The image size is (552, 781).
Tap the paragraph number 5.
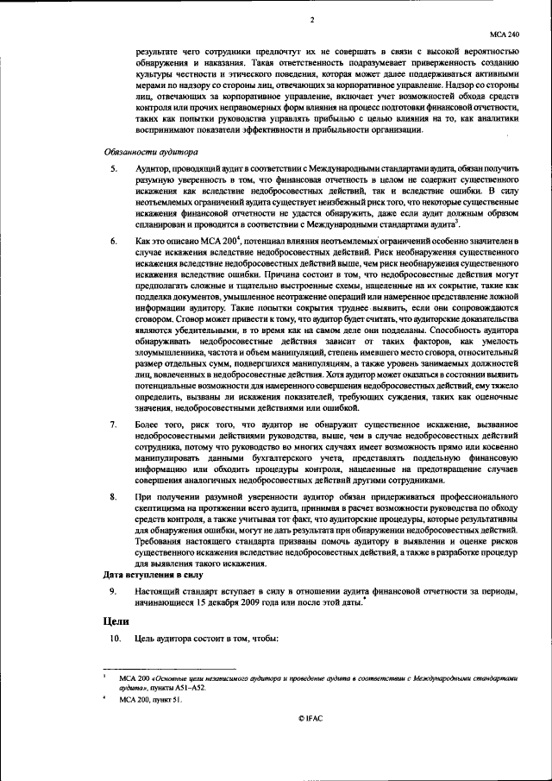[x=112, y=167]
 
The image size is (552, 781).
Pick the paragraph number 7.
[x=112, y=425]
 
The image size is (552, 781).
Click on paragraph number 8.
[x=112, y=499]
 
